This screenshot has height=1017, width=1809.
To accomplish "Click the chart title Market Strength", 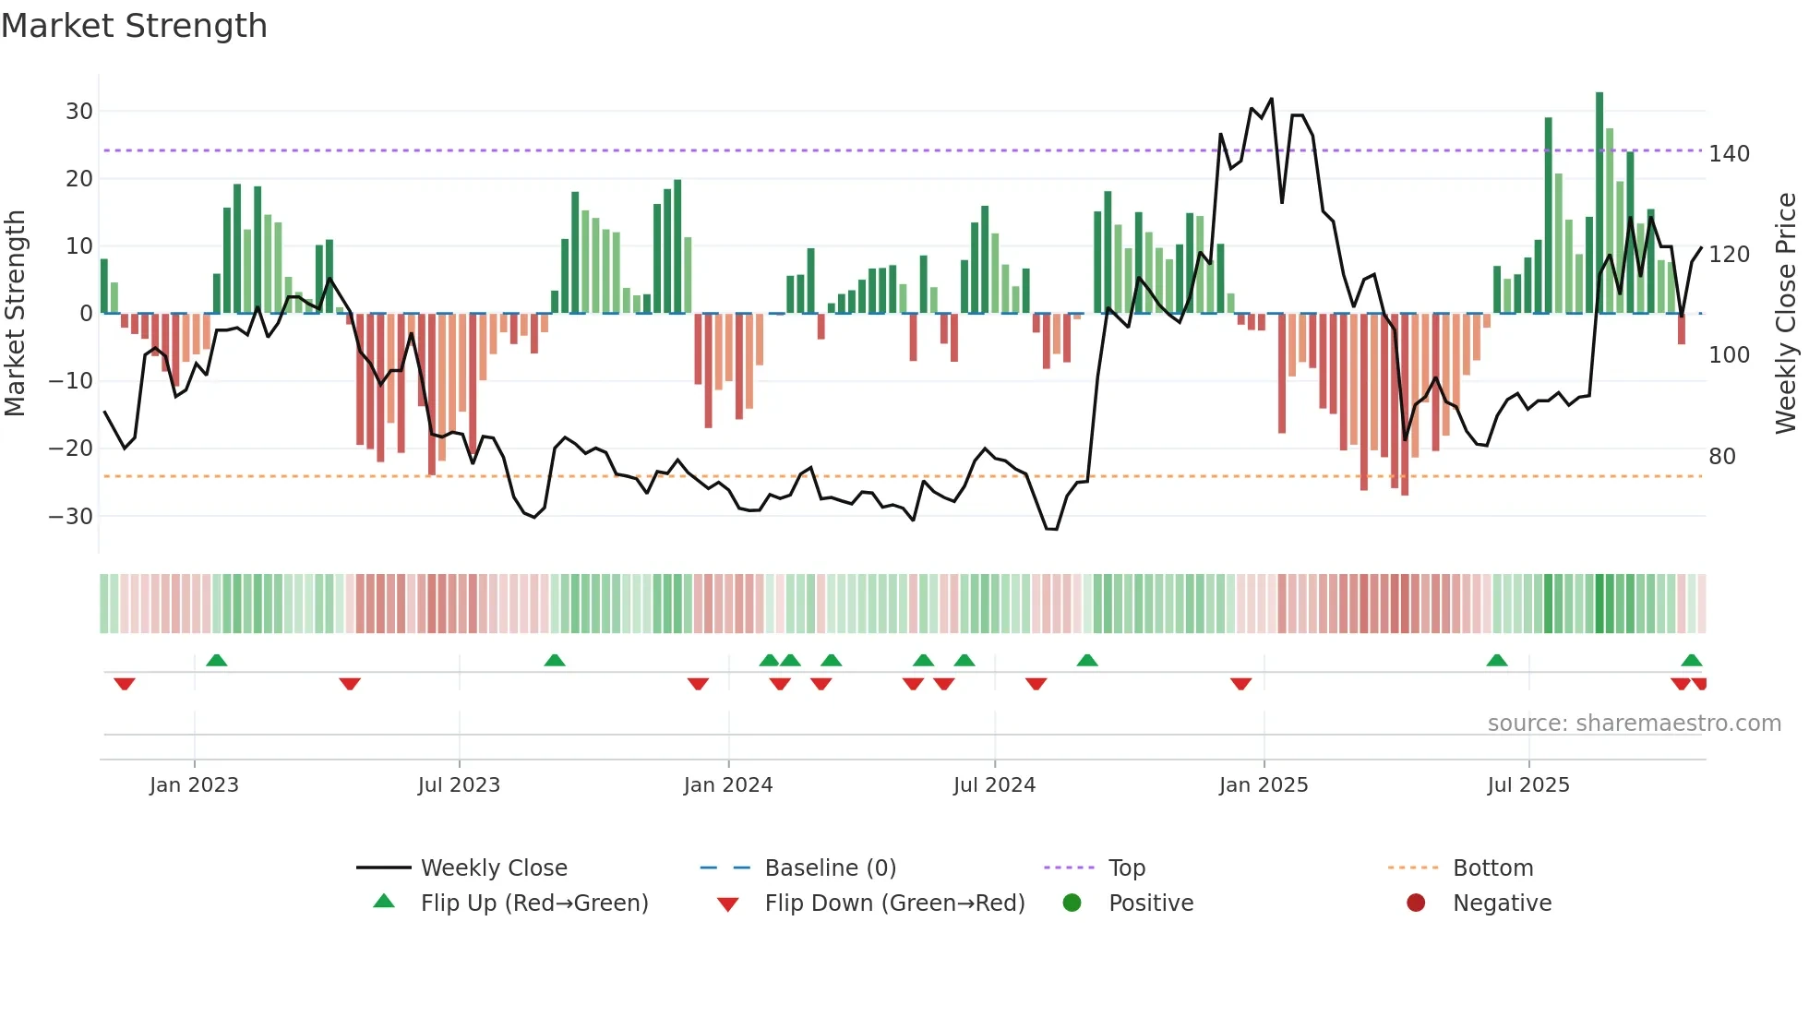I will coord(134,26).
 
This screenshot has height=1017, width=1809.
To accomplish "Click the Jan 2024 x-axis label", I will coord(727,785).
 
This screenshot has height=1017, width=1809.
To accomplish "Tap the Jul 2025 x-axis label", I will coord(1527,785).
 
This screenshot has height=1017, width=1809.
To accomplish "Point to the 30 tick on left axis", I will coord(79,112).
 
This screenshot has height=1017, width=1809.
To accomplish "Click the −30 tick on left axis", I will coord(71,516).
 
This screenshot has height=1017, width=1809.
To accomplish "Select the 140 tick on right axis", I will coord(1729,153).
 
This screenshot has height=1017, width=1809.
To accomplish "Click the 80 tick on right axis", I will coord(1722,456).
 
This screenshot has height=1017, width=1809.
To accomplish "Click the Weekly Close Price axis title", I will coord(1786,313).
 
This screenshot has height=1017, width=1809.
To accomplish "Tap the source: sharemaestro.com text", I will coord(1634,724).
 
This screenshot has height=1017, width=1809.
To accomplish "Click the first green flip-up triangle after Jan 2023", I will coord(216,661).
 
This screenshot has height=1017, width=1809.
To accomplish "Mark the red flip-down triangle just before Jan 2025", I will coord(1240,684).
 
